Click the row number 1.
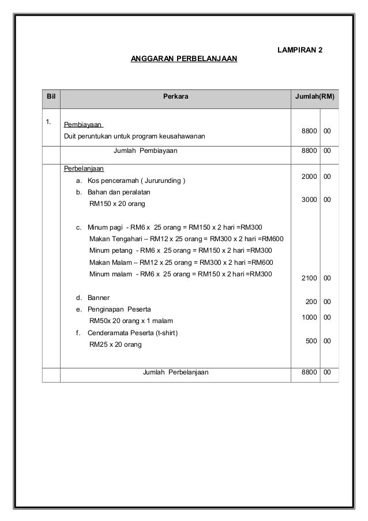(x=49, y=122)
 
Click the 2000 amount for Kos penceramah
(x=309, y=177)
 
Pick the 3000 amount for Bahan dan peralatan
(x=309, y=200)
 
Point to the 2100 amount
(x=309, y=279)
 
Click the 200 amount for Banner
(x=311, y=302)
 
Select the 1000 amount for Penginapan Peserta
(x=309, y=317)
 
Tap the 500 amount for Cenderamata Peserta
(x=311, y=341)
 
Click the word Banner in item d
(x=99, y=298)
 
